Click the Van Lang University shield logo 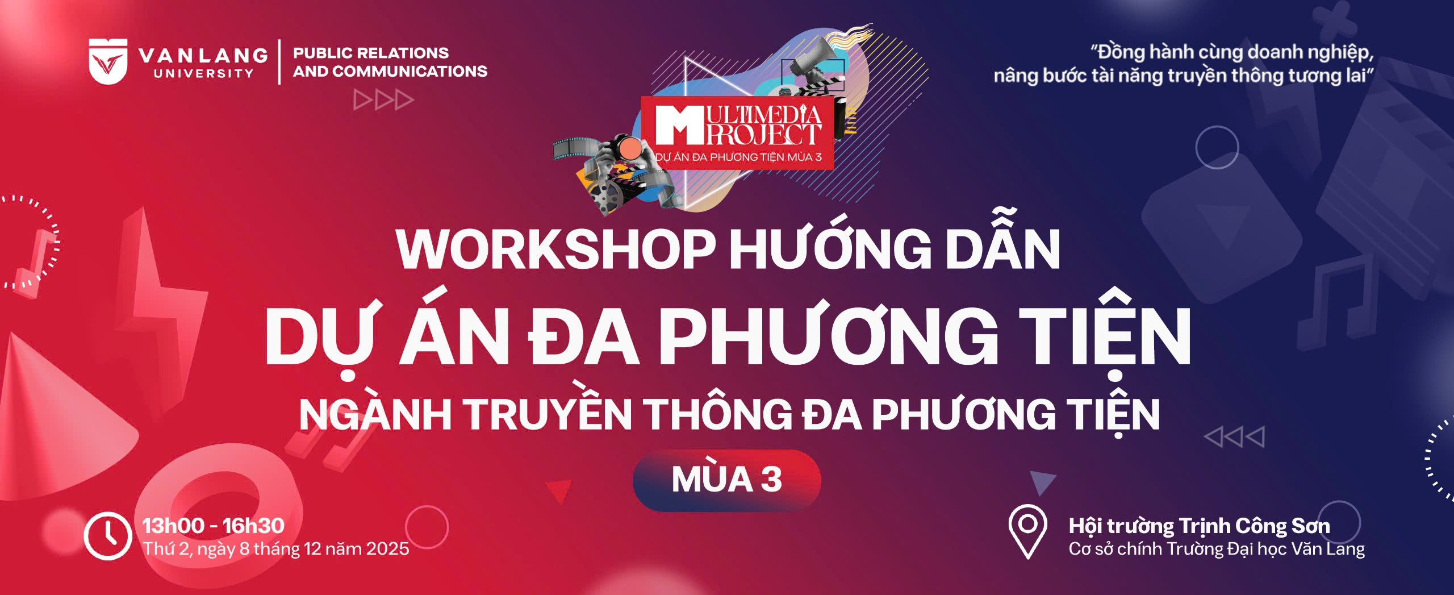(108, 61)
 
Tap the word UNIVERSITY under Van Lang (203, 73)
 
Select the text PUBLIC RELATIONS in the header (371, 53)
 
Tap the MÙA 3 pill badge (727, 480)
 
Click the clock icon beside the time (108, 536)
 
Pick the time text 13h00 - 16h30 (213, 526)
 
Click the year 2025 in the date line (387, 548)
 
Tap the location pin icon (1027, 532)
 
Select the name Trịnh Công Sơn (1255, 527)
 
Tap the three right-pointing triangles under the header (383, 100)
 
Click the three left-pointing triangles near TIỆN (1234, 437)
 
